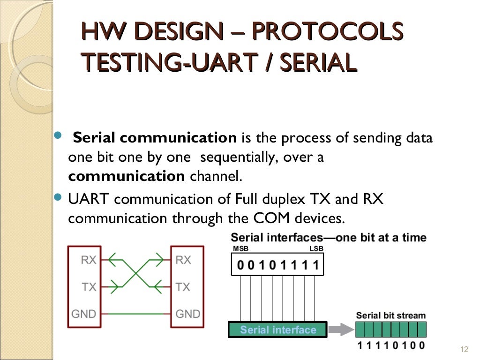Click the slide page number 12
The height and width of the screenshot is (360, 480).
tap(465, 349)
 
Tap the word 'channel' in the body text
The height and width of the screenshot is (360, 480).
tap(216, 177)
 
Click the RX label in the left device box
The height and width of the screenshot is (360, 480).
tap(89, 259)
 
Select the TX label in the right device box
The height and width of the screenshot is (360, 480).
tap(183, 286)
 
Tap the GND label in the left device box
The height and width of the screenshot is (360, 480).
tap(83, 314)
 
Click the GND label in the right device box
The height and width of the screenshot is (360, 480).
tap(187, 314)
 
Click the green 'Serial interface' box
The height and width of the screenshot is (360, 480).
tap(278, 330)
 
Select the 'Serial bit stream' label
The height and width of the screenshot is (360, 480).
tap(390, 315)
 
